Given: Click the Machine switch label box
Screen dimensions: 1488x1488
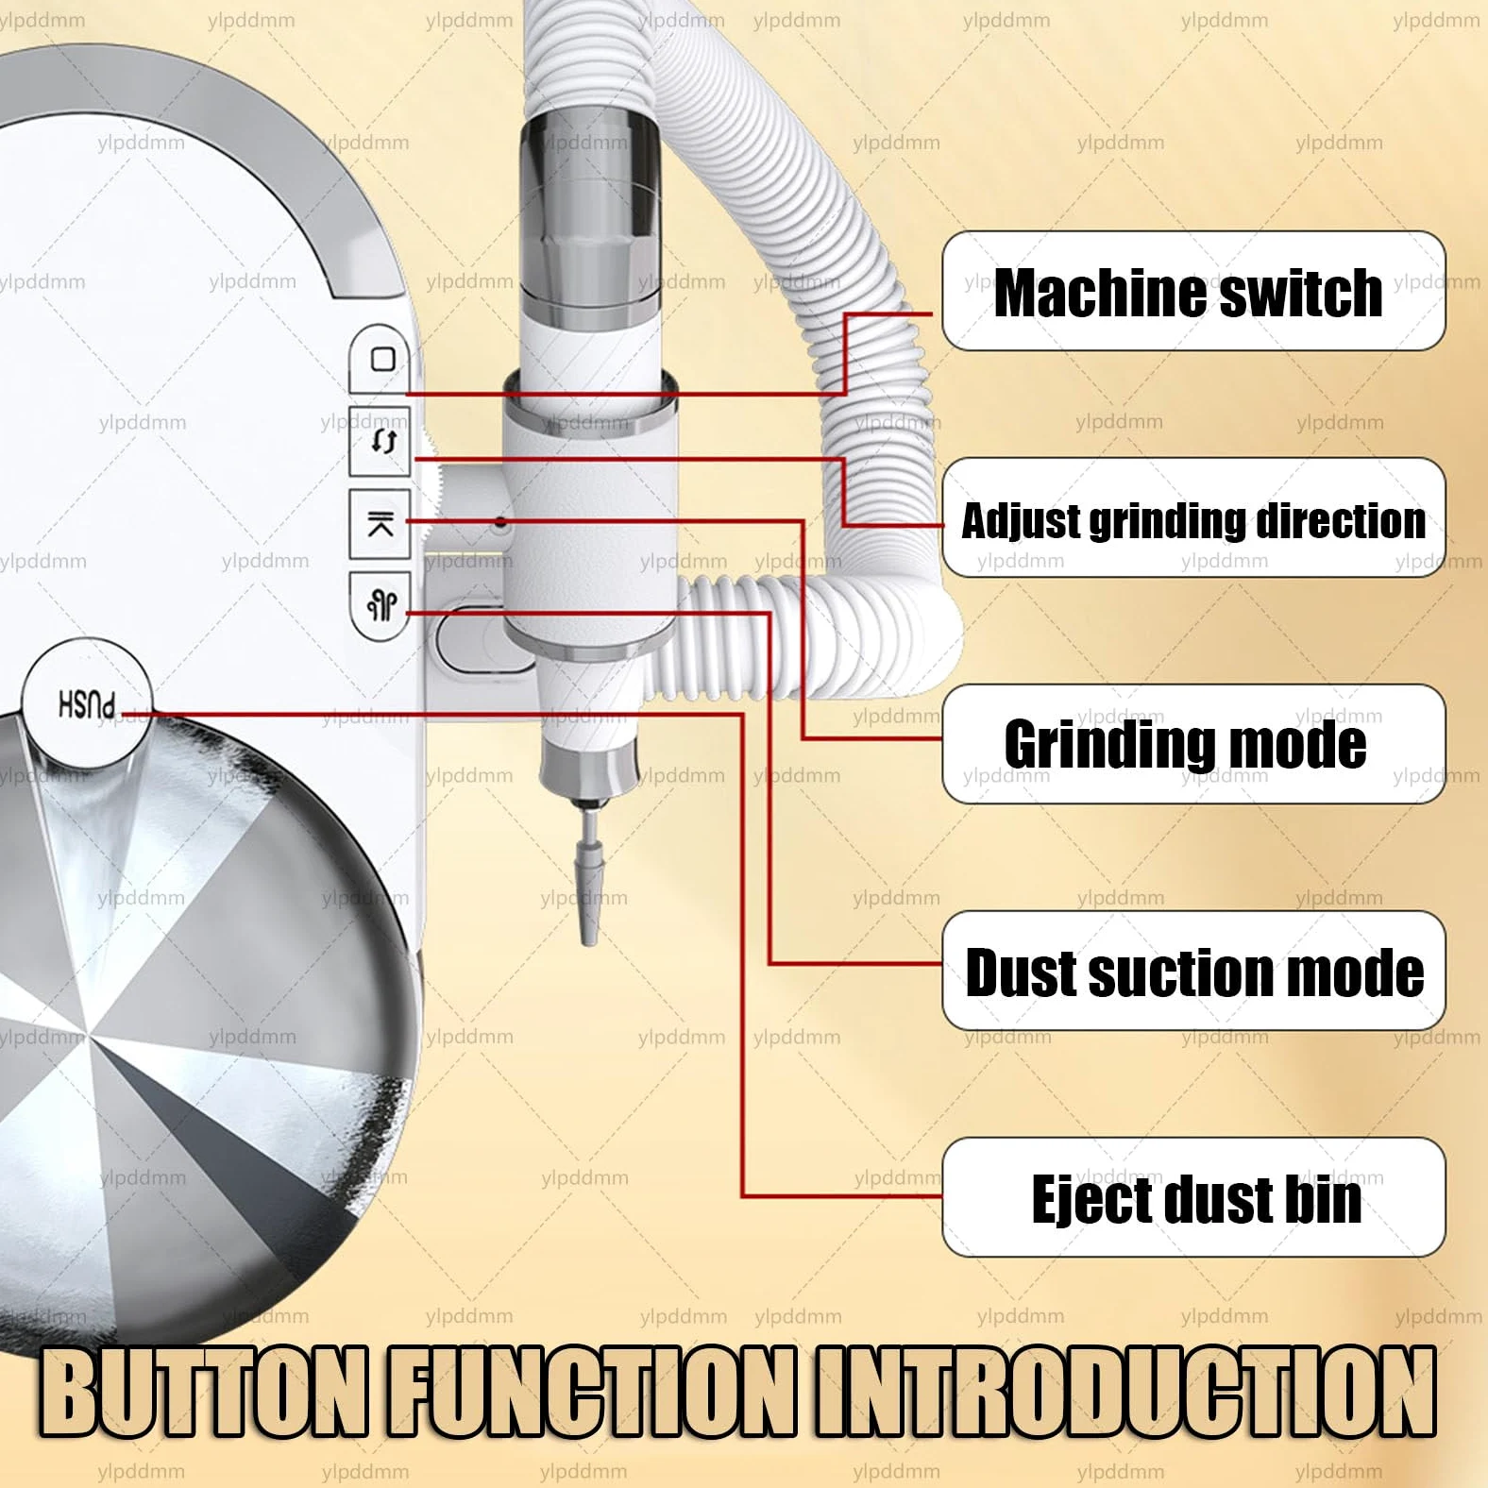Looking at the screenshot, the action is coord(1193,291).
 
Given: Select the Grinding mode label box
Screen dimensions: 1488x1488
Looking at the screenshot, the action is coord(1193,744).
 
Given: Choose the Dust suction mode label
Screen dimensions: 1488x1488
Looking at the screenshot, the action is coord(1193,971).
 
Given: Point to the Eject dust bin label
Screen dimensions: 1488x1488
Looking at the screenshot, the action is coord(1193,1197).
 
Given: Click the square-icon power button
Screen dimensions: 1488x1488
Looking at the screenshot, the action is coord(381,359).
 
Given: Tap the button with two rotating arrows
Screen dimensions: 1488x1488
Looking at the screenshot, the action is coord(381,441).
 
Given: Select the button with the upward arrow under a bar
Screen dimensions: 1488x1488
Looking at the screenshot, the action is coord(380,524).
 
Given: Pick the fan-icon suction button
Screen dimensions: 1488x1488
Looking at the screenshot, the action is coord(380,605).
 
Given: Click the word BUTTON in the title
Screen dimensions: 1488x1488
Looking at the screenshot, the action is coord(203,1394).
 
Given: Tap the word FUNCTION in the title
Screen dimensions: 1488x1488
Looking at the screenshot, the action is coord(592,1394).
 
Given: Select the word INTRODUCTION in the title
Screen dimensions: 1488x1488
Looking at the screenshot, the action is coord(1126,1394).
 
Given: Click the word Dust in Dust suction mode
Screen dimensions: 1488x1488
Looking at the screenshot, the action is coord(1020,972).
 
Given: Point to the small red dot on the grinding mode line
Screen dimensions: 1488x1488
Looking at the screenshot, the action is coord(500,521).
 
